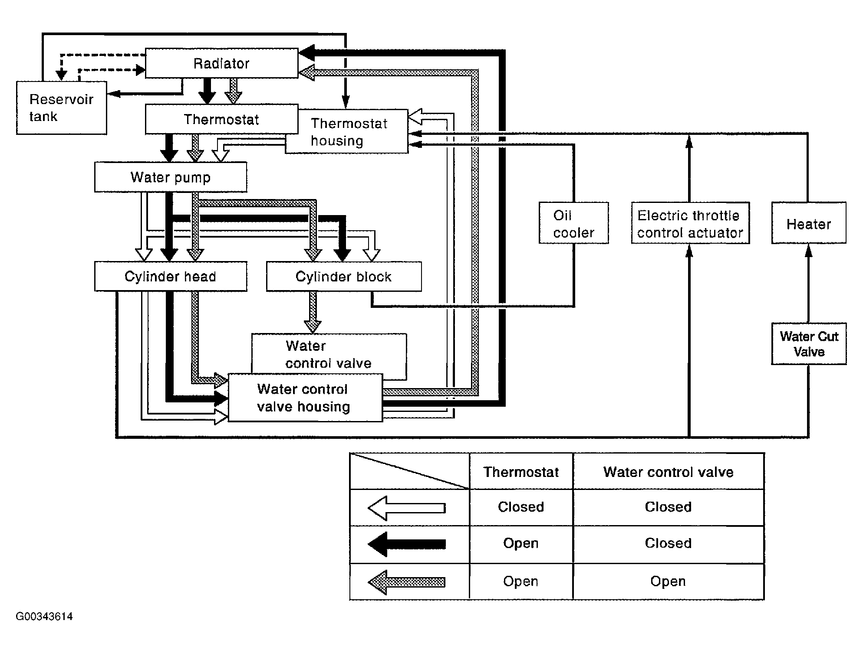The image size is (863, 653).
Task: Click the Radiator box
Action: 222,63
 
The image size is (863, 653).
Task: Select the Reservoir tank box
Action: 62,108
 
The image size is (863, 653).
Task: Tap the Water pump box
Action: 171,177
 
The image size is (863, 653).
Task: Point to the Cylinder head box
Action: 171,276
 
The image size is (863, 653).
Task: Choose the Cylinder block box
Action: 344,276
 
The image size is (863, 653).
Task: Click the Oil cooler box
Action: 573,223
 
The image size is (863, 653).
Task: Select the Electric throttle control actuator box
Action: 690,223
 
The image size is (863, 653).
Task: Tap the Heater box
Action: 809,223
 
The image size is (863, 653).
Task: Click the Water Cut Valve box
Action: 809,344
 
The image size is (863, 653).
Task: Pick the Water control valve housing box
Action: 305,398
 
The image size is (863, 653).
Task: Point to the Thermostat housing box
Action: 346,131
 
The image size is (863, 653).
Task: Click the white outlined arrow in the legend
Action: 407,508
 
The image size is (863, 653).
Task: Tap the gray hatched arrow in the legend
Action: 407,581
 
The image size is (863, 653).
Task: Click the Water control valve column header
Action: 668,472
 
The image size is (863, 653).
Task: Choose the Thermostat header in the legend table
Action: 521,472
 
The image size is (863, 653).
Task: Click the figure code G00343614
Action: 44,617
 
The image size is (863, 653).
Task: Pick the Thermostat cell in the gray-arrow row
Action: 521,581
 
